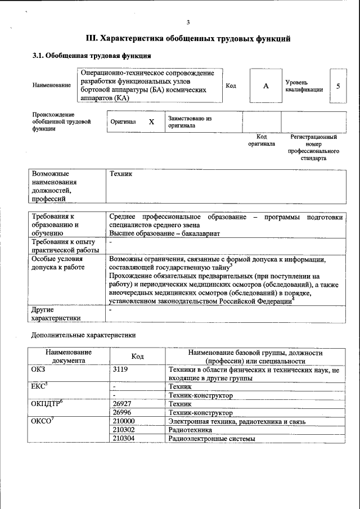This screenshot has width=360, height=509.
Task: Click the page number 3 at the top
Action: [188, 22]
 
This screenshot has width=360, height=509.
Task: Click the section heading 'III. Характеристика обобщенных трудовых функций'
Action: [188, 39]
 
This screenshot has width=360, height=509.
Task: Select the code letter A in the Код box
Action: [265, 85]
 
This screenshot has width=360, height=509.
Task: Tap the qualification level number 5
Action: [338, 85]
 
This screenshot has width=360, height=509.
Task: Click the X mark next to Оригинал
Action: [151, 121]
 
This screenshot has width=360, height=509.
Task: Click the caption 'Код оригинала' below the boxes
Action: [262, 140]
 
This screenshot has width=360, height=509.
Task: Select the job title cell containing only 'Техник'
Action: [121, 174]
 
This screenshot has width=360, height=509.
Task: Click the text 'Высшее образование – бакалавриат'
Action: [164, 232]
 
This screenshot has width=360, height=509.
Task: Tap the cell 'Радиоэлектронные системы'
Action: [211, 438]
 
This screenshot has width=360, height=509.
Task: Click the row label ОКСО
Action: [42, 421]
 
